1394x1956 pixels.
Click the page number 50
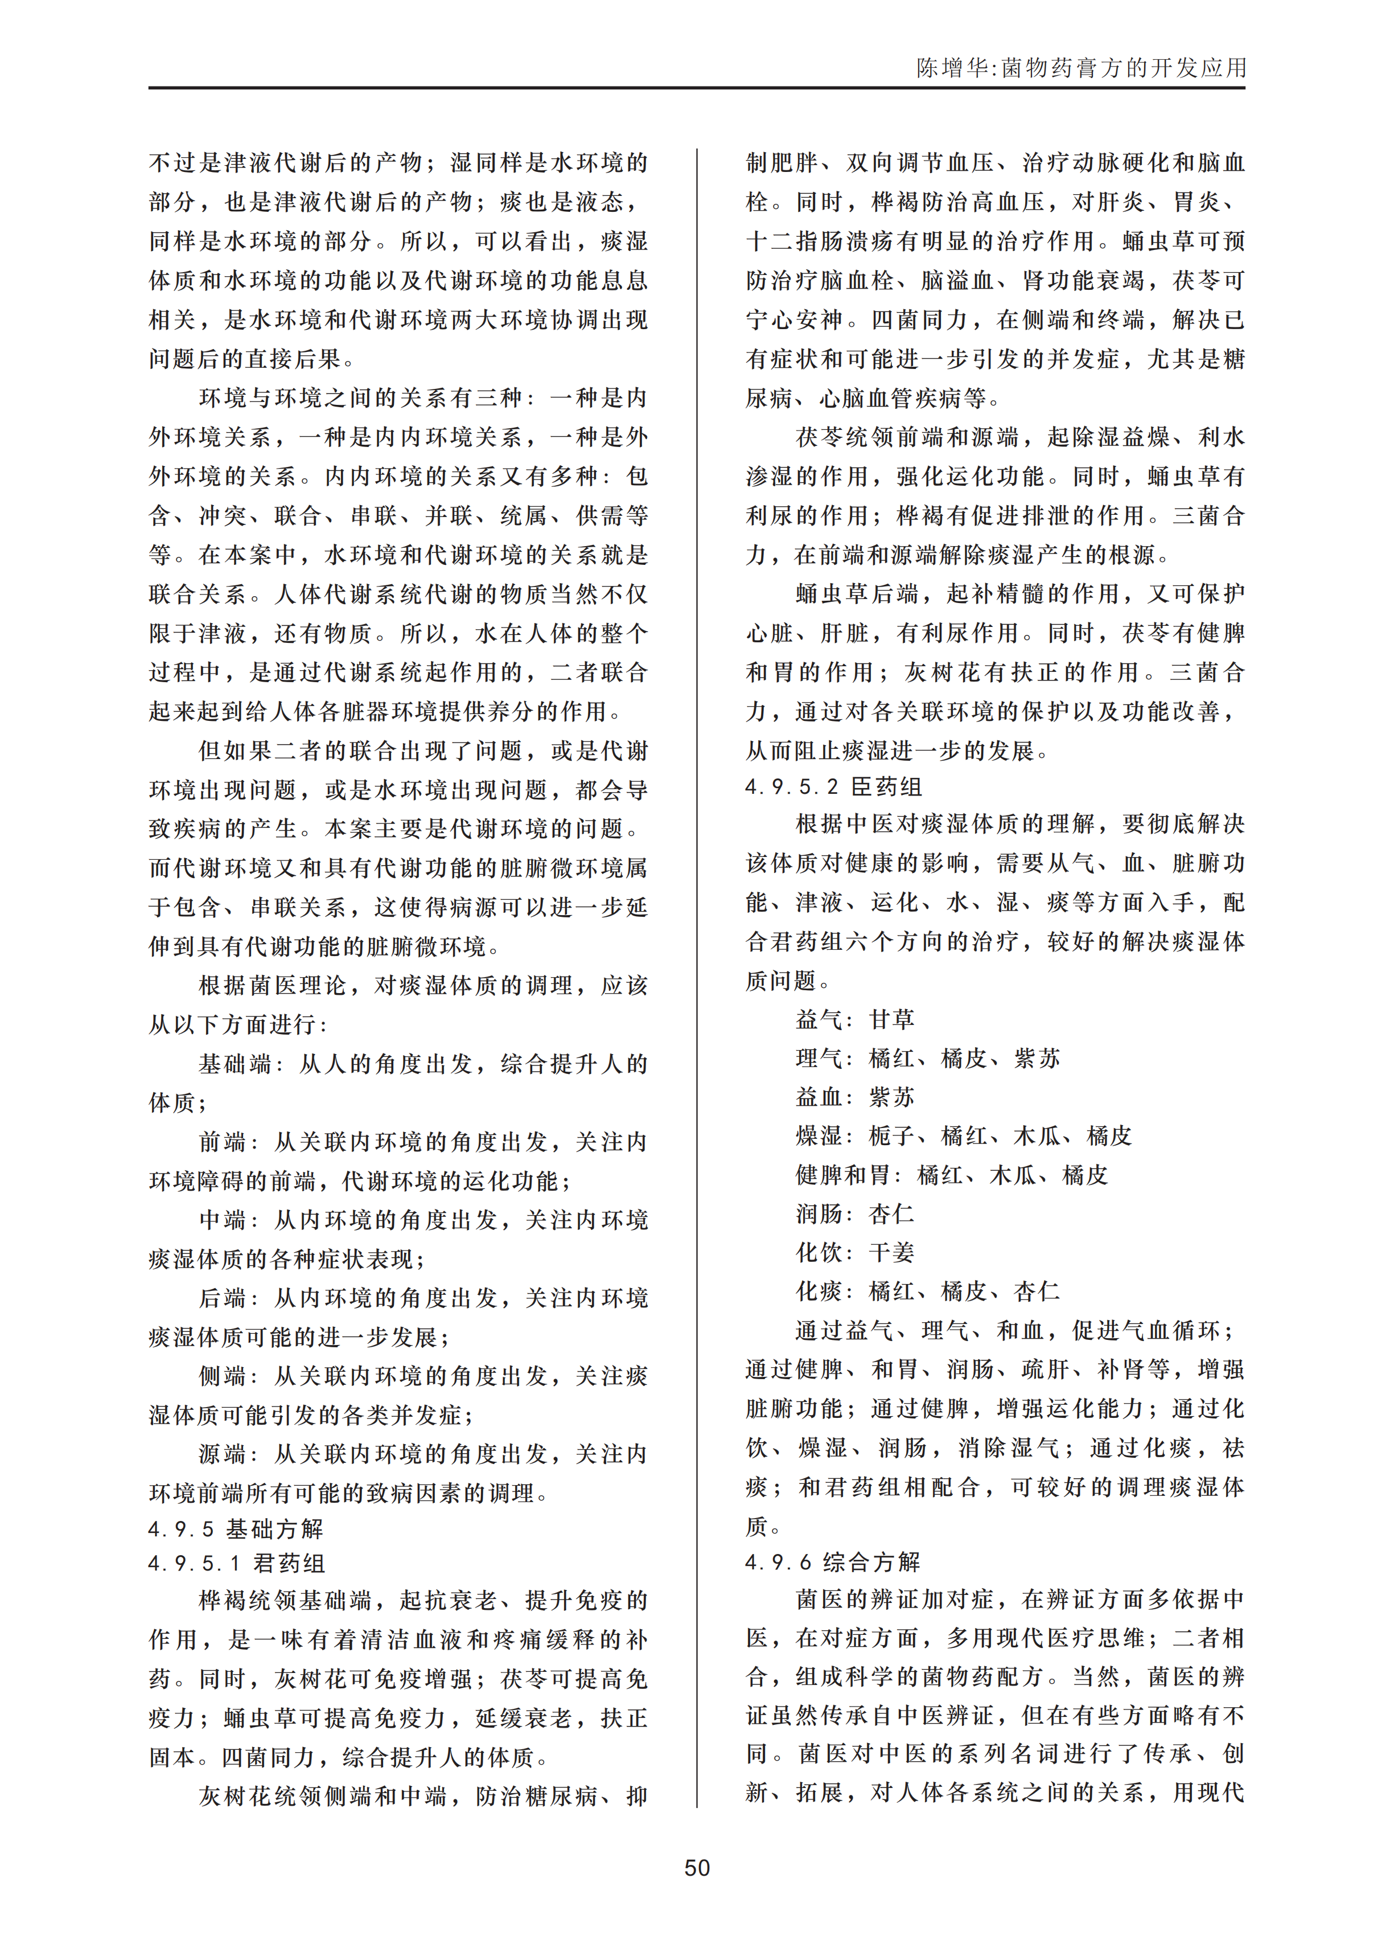tap(696, 1868)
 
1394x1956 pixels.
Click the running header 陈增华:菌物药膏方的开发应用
tap(1081, 68)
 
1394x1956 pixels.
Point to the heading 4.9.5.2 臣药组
tap(833, 786)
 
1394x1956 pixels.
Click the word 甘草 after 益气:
tap(892, 1019)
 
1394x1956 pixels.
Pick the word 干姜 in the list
tap(892, 1253)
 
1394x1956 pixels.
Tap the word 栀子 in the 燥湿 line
tap(892, 1136)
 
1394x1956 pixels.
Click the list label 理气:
tap(823, 1058)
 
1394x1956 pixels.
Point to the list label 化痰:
tap(823, 1291)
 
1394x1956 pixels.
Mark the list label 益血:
tap(823, 1097)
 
